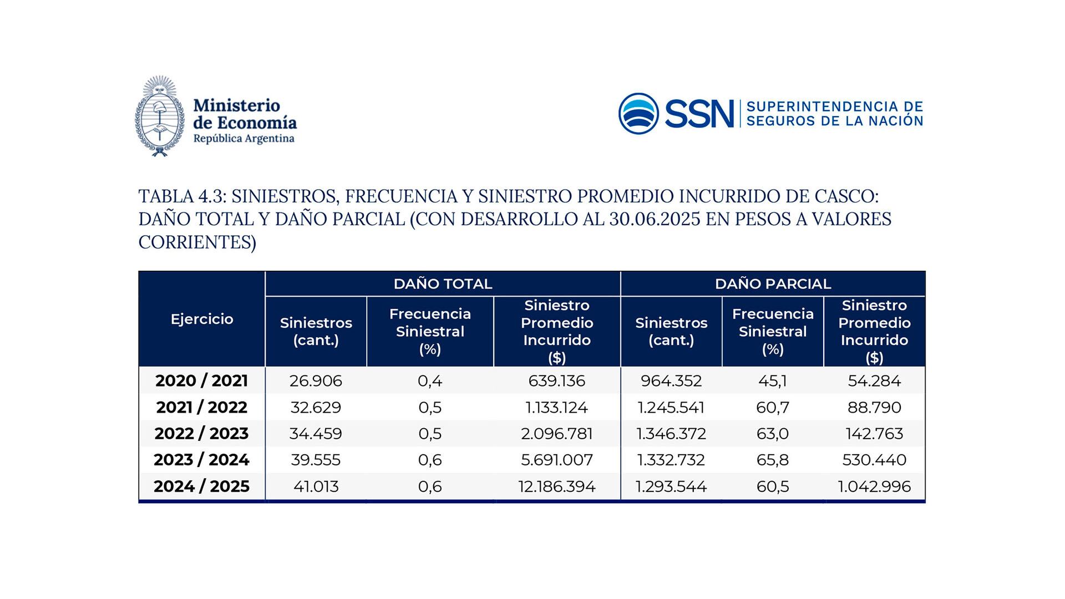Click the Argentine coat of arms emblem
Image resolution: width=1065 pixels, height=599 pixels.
pyautogui.click(x=159, y=116)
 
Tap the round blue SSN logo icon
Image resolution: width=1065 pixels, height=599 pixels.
pyautogui.click(x=638, y=113)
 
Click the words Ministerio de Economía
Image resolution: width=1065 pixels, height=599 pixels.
pyautogui.click(x=244, y=114)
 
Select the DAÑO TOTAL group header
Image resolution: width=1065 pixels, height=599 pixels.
pyautogui.click(x=443, y=284)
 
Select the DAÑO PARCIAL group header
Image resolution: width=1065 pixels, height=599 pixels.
pyautogui.click(x=773, y=284)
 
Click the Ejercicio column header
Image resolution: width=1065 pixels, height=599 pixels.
pyautogui.click(x=202, y=319)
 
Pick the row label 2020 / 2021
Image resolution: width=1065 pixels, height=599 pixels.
pyautogui.click(x=202, y=381)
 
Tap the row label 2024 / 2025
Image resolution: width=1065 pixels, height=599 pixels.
pyautogui.click(x=202, y=486)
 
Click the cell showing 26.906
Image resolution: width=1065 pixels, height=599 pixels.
pyautogui.click(x=316, y=381)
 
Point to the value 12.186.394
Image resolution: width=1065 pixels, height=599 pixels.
pyautogui.click(x=557, y=486)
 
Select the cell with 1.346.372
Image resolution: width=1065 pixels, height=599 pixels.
pyautogui.click(x=671, y=434)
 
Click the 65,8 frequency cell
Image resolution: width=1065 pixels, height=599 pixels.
pyautogui.click(x=772, y=460)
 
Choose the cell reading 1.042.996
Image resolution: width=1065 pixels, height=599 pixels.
pyautogui.click(x=874, y=486)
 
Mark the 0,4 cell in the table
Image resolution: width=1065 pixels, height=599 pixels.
pyautogui.click(x=430, y=381)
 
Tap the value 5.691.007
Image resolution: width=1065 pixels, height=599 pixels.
pyautogui.click(x=557, y=460)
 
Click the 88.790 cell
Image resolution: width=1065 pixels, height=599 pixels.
pyautogui.click(x=874, y=407)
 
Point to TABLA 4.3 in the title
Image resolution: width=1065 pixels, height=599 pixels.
pyautogui.click(x=181, y=196)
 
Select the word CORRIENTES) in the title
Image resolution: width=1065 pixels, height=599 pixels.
pyautogui.click(x=197, y=242)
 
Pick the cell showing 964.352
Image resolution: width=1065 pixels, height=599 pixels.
pyautogui.click(x=671, y=381)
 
